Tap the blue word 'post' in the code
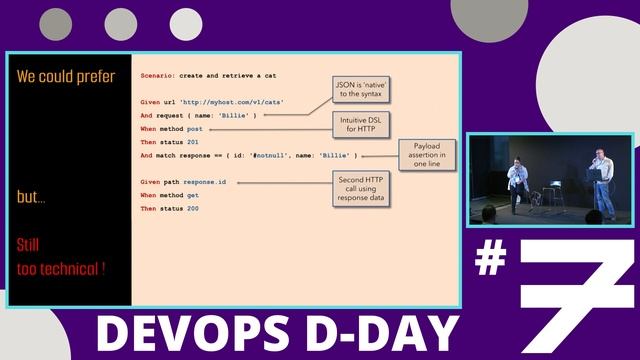coord(195,129)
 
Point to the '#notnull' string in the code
coord(271,156)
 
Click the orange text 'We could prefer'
coord(66,76)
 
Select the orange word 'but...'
coord(32,198)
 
